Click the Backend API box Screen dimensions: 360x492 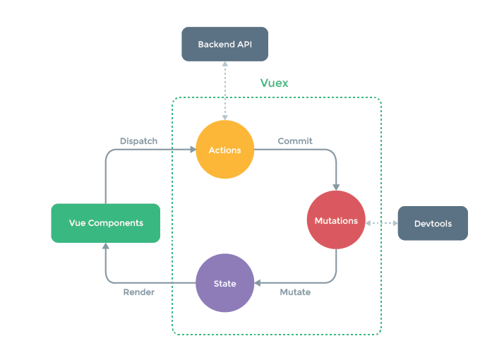coord(224,44)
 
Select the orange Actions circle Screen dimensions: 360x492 coord(224,150)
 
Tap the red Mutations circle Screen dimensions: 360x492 coord(336,221)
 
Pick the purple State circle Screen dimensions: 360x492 coord(224,284)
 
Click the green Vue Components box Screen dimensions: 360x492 coord(105,223)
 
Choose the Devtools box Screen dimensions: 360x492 coord(433,223)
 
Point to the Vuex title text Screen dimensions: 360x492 coord(274,83)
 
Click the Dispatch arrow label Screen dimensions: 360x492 coord(138,140)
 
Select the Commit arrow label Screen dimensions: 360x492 coord(295,140)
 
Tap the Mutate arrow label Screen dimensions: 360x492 coord(295,292)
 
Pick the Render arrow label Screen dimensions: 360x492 coord(138,292)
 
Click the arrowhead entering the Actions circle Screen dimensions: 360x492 coord(192,150)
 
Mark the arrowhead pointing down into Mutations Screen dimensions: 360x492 coord(336,188)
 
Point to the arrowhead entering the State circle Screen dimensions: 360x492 coord(258,284)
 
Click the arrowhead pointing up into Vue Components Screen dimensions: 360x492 coord(105,246)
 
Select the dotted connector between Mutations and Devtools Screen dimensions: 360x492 coord(382,222)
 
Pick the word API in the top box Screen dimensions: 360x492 coord(243,44)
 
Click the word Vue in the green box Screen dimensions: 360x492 coord(77,223)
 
